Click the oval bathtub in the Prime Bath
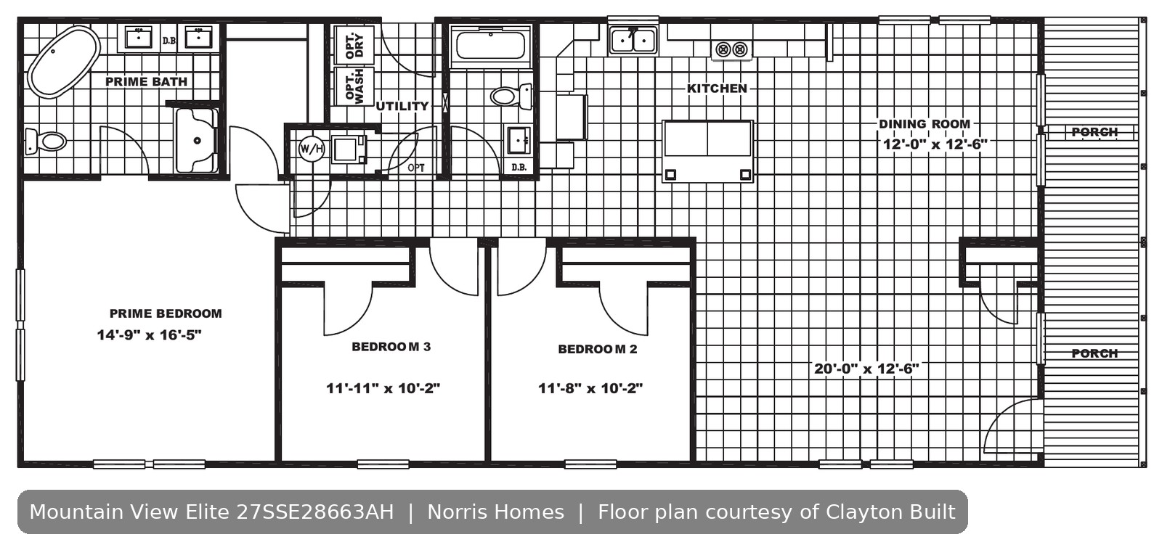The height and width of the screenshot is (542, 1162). (64, 62)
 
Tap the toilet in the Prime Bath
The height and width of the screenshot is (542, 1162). (46, 141)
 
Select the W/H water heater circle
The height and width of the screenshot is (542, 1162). (312, 149)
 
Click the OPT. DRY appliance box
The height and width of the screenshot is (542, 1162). (354, 45)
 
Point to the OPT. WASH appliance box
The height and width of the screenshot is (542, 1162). (354, 86)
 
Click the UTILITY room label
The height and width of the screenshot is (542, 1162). (402, 106)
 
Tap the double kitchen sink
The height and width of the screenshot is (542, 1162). (633, 40)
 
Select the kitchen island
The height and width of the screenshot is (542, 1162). (707, 151)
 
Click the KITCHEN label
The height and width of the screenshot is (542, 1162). (717, 89)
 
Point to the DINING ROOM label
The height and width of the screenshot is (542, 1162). (925, 124)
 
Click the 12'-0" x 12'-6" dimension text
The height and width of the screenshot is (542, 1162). (935, 144)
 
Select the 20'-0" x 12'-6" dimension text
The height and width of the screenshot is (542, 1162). (866, 369)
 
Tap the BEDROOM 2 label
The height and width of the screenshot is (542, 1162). (598, 349)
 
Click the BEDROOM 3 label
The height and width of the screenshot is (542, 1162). (391, 347)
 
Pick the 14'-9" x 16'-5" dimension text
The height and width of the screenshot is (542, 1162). (150, 334)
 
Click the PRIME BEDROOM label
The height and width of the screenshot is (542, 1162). (166, 313)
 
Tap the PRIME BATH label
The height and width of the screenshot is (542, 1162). (146, 81)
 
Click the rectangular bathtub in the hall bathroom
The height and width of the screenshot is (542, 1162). (491, 46)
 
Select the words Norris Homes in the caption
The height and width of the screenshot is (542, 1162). (495, 512)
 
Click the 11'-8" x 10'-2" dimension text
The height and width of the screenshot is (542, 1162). (590, 388)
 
